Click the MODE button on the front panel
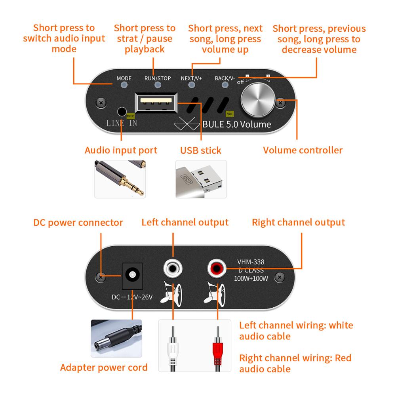[x=124, y=85]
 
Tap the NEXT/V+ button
[x=192, y=85]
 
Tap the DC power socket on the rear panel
[x=132, y=275]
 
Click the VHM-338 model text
[x=251, y=262]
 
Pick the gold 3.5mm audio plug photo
[x=120, y=179]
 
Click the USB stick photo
[x=201, y=179]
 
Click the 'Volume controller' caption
[x=303, y=150]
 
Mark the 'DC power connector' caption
[x=78, y=223]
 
